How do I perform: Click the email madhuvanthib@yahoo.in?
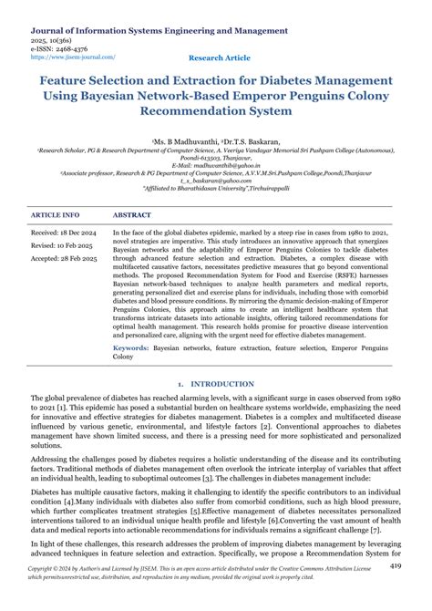[215, 165]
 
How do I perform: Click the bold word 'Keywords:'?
[131, 348]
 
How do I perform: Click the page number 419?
[395, 566]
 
